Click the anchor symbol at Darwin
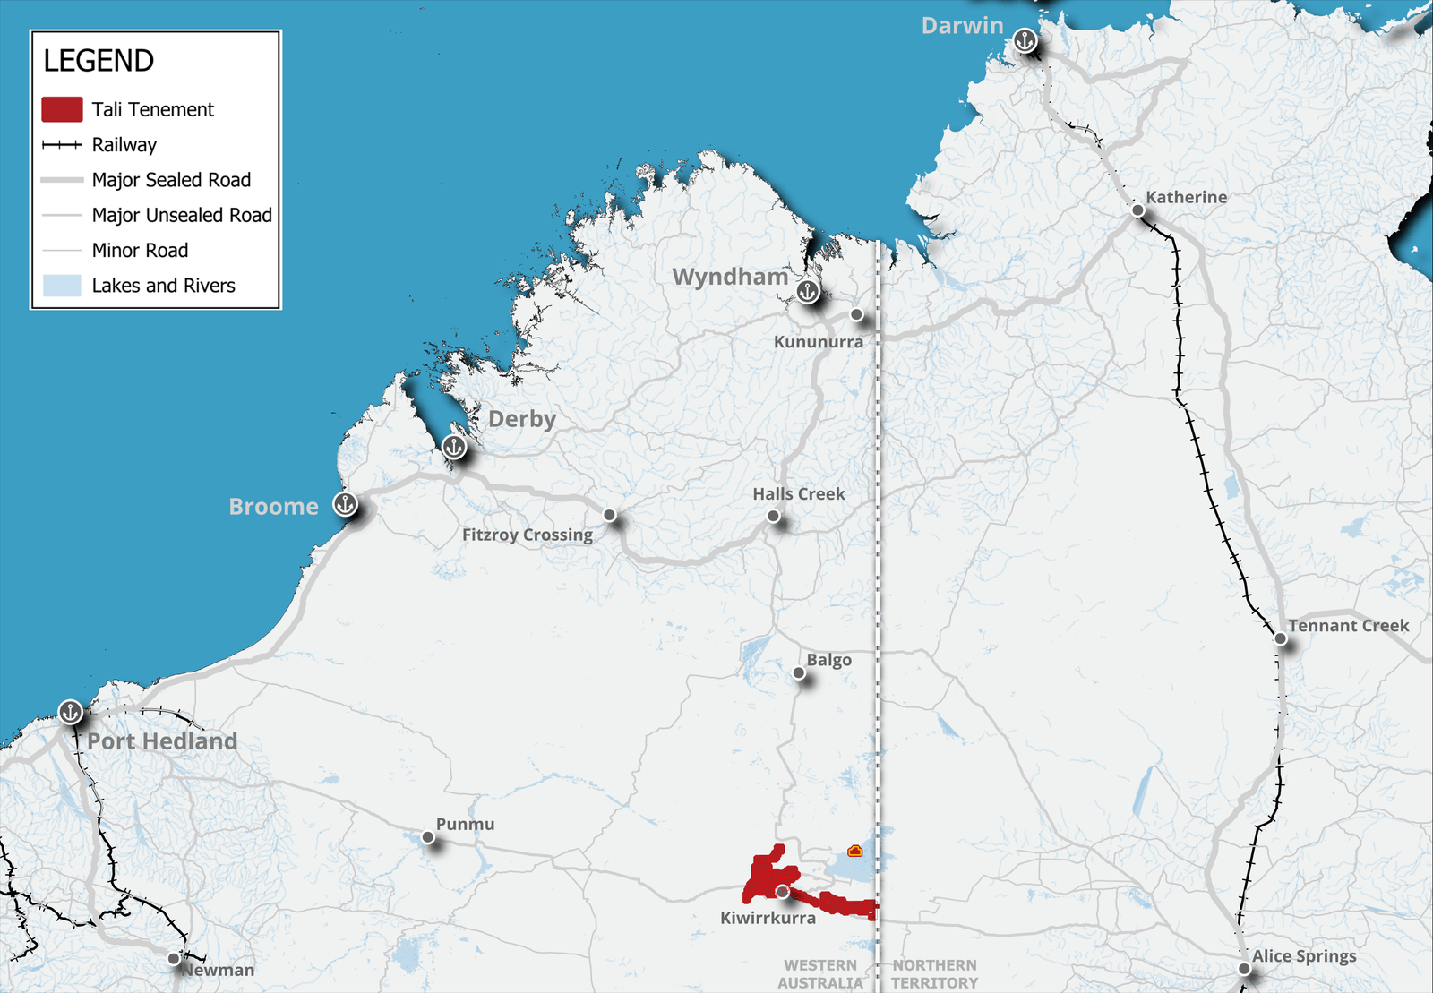pyautogui.click(x=1025, y=40)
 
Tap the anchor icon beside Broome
pyautogui.click(x=345, y=504)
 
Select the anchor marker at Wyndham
pyautogui.click(x=808, y=291)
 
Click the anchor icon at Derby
pyautogui.click(x=454, y=446)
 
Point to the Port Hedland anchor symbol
pyautogui.click(x=71, y=712)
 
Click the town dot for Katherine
pyautogui.click(x=1137, y=210)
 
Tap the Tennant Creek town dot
pyautogui.click(x=1281, y=638)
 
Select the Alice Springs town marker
pyautogui.click(x=1244, y=969)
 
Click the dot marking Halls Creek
pyautogui.click(x=773, y=516)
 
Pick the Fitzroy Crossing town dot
pyautogui.click(x=610, y=515)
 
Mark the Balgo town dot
pyautogui.click(x=799, y=672)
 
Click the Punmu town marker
pyautogui.click(x=428, y=837)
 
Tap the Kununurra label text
pyautogui.click(x=819, y=342)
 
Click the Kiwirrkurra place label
pyautogui.click(x=768, y=918)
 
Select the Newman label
pyautogui.click(x=219, y=970)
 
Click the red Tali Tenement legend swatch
pyautogui.click(x=62, y=109)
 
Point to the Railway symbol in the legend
pyautogui.click(x=62, y=144)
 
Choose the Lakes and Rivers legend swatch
pyautogui.click(x=62, y=286)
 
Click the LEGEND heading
pyautogui.click(x=99, y=61)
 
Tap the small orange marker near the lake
pyautogui.click(x=854, y=851)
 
